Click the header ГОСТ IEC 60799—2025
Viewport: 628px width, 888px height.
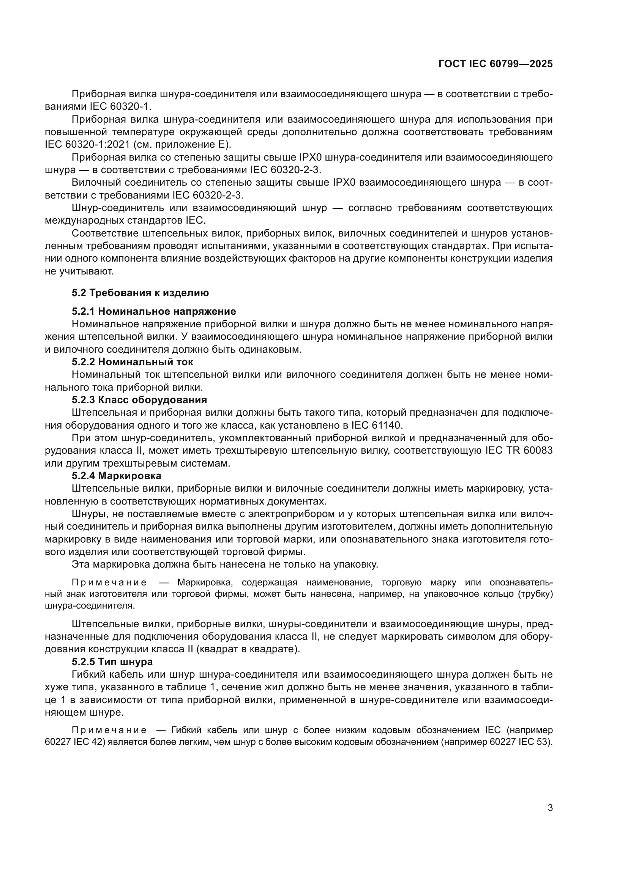click(495, 64)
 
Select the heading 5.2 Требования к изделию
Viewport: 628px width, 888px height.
click(140, 293)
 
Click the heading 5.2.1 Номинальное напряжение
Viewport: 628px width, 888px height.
click(153, 311)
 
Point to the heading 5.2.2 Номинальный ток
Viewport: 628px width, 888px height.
click(132, 362)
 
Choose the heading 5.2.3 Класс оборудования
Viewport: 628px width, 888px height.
click(139, 399)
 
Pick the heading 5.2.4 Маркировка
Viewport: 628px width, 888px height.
click(117, 475)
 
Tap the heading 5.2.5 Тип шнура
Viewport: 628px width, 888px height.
click(112, 662)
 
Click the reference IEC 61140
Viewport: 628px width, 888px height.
click(377, 426)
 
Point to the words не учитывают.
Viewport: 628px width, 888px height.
click(79, 271)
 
